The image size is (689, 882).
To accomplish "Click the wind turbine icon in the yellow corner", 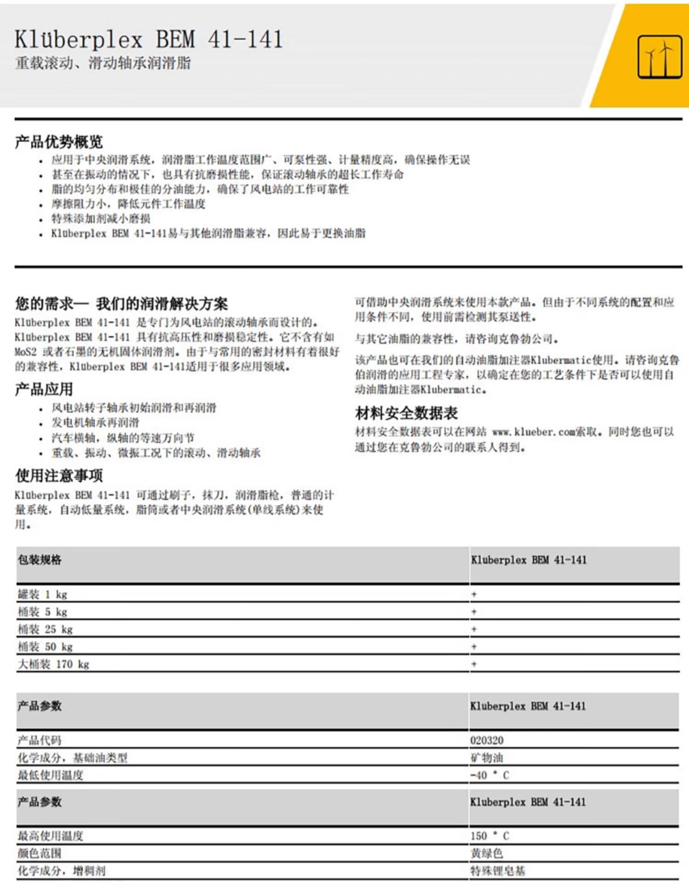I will [660, 57].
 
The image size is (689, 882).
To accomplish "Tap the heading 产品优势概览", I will [59, 142].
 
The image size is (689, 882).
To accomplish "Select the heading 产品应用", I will [44, 389].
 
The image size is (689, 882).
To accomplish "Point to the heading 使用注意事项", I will [59, 475].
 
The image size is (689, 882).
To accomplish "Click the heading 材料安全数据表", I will [406, 413].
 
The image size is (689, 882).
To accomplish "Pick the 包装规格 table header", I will [40, 560].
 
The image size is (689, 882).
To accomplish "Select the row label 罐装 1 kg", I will [42, 594].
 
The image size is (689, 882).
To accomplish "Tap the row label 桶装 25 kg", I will [45, 629].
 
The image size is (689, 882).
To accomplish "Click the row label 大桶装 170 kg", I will [53, 664].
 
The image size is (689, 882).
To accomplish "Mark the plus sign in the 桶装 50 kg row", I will [474, 647].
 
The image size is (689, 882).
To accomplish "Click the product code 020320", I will [486, 740].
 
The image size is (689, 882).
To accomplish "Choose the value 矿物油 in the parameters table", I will [486, 758].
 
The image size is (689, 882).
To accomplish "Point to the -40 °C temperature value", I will [490, 775].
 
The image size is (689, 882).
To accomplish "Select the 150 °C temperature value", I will [490, 836].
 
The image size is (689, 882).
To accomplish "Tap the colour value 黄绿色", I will [486, 853].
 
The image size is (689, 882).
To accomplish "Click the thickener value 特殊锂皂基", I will [497, 871].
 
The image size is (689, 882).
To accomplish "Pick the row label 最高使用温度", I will [51, 836].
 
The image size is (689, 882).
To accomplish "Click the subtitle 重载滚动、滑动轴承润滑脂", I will [103, 63].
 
